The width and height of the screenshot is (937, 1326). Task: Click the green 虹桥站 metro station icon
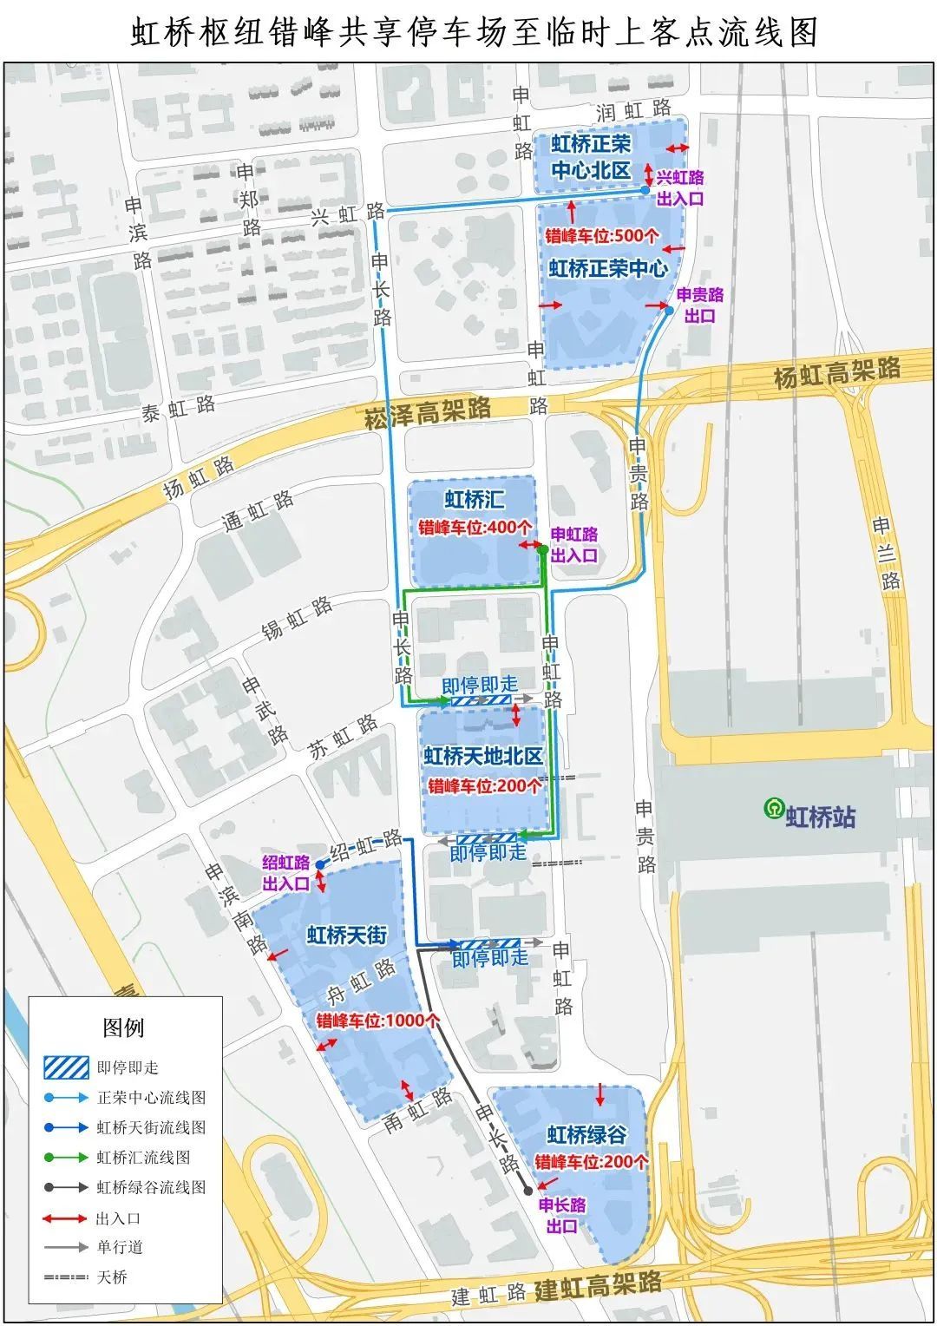pyautogui.click(x=772, y=808)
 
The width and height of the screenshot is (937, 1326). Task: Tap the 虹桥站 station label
pyautogui.click(x=820, y=817)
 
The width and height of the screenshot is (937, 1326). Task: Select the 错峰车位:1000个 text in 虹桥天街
pyautogui.click(x=377, y=1021)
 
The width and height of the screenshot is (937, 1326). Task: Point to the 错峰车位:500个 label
pyautogui.click(x=601, y=235)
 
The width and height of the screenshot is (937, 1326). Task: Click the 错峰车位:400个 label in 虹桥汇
pyautogui.click(x=475, y=527)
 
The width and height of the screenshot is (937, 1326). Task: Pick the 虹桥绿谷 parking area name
pyautogui.click(x=586, y=1135)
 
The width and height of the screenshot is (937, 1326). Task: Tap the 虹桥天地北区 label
pyautogui.click(x=483, y=757)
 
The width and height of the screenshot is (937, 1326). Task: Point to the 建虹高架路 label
pyautogui.click(x=598, y=1284)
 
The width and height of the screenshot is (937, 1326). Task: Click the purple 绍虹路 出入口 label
pyautogui.click(x=286, y=873)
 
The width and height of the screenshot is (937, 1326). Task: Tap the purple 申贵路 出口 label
pyautogui.click(x=699, y=305)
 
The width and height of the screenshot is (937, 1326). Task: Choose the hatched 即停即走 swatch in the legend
pyautogui.click(x=67, y=1067)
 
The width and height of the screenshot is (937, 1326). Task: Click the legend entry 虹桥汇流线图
pyautogui.click(x=143, y=1157)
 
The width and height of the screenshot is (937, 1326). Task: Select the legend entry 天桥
pyautogui.click(x=112, y=1277)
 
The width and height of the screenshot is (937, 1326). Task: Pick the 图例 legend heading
pyautogui.click(x=123, y=1028)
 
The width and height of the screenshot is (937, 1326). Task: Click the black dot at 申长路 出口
pyautogui.click(x=527, y=1191)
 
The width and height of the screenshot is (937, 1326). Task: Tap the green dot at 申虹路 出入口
pyautogui.click(x=542, y=549)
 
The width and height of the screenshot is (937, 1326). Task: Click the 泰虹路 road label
pyautogui.click(x=179, y=408)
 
